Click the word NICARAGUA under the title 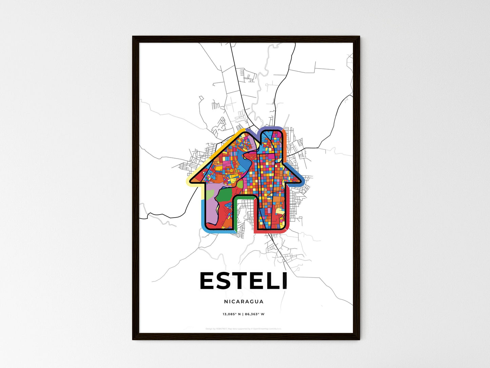(x=243, y=301)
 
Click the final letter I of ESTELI (x=285, y=281)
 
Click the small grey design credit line (x=243, y=329)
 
